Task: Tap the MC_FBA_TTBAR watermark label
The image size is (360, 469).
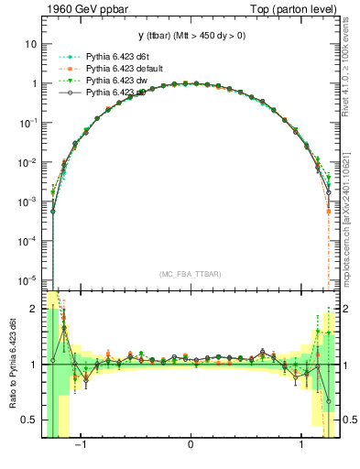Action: click(191, 274)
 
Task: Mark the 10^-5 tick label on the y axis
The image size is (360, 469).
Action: click(27, 279)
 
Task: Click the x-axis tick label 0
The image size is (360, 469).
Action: click(191, 446)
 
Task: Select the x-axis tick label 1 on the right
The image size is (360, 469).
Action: click(302, 446)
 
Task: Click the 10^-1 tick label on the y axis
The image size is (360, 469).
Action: click(27, 122)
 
